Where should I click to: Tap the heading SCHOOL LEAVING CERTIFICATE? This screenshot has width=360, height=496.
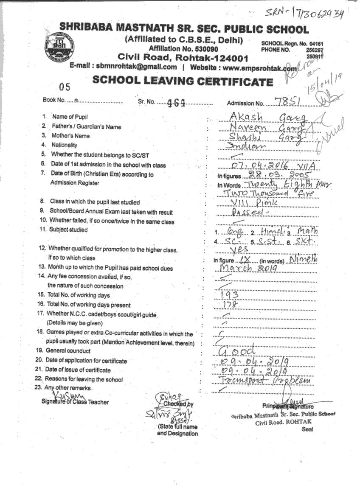pyautogui.click(x=183, y=81)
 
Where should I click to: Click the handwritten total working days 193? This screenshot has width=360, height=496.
pyautogui.click(x=230, y=294)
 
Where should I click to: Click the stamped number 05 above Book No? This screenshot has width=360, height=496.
pyautogui.click(x=65, y=87)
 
